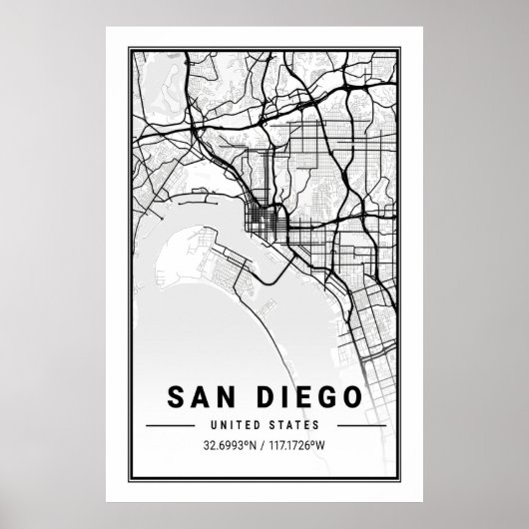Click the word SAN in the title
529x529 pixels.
coord(200,398)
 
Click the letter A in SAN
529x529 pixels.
coord(199,398)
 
